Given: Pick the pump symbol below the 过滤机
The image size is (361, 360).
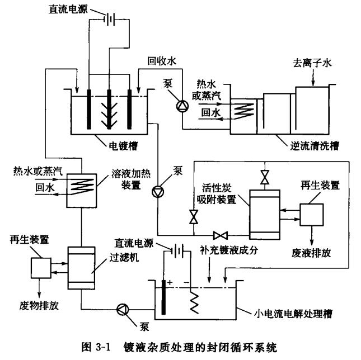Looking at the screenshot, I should (x=121, y=309).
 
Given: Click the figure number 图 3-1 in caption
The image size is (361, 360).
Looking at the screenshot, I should (x=99, y=344).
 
